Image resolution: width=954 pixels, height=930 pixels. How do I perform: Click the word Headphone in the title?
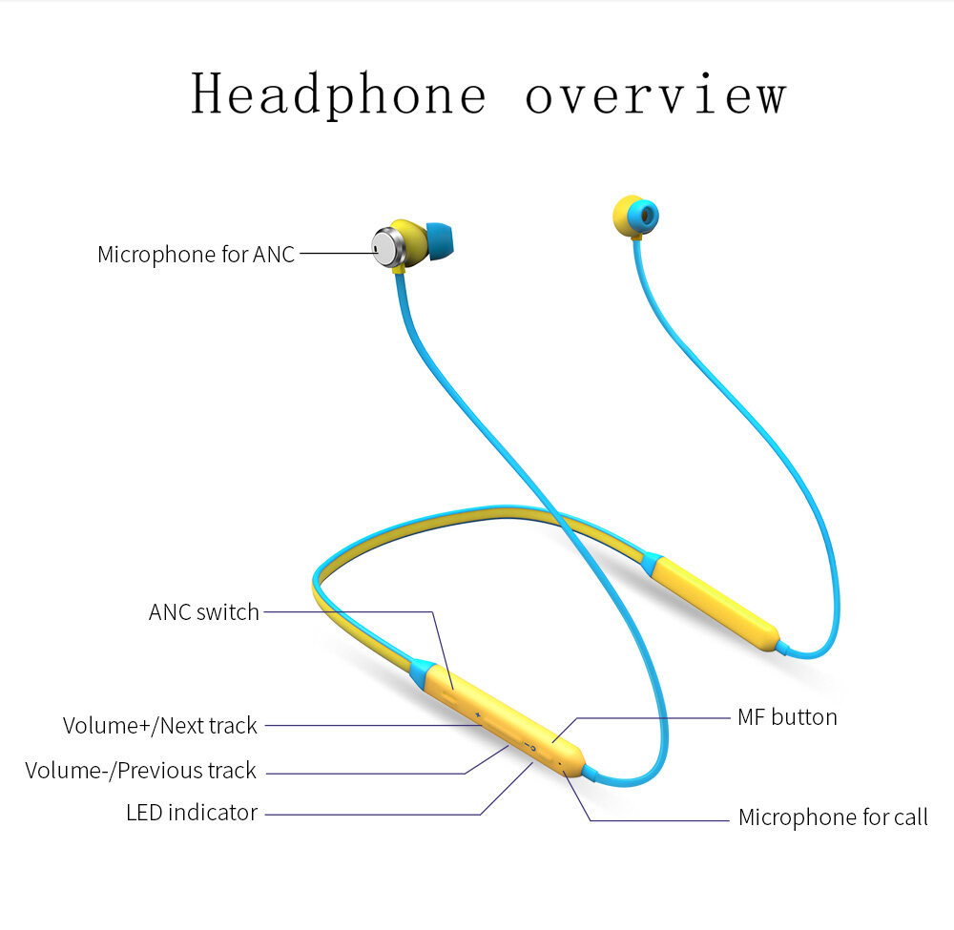[x=339, y=94]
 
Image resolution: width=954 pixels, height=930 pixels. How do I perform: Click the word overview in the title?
[x=656, y=94]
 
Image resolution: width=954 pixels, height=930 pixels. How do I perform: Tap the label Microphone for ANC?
[x=196, y=255]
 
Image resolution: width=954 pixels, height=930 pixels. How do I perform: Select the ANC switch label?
[x=204, y=611]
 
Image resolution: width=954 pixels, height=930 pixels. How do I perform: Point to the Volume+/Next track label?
[x=160, y=725]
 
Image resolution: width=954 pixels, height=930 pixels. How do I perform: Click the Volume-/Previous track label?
[x=140, y=770]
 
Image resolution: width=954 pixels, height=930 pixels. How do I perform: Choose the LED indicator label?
[x=192, y=813]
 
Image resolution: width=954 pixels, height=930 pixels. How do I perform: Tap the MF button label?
[x=787, y=717]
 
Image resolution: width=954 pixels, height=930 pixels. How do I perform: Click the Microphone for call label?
[x=833, y=816]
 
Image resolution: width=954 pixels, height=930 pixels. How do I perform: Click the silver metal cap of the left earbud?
[x=387, y=246]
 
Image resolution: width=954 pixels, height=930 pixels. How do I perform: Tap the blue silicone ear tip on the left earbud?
[x=441, y=241]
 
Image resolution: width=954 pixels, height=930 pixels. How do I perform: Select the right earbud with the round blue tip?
[x=635, y=217]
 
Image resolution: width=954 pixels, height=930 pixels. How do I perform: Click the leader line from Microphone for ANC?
[x=338, y=253]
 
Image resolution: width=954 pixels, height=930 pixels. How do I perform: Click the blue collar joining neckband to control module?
[x=423, y=672]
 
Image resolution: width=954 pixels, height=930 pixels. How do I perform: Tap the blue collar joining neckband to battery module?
[x=653, y=564]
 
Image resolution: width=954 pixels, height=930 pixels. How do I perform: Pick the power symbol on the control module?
[x=532, y=747]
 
